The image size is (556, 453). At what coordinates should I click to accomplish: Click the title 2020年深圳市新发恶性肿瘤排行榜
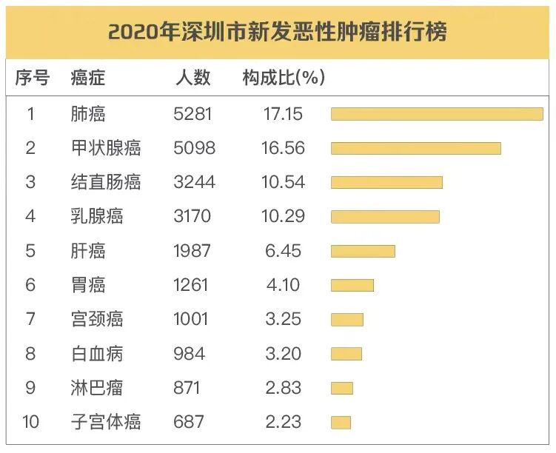tap(278, 33)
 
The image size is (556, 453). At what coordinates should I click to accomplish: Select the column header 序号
tap(32, 78)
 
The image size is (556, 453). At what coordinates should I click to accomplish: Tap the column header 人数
tap(193, 78)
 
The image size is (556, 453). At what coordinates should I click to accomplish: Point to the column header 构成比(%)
tap(284, 78)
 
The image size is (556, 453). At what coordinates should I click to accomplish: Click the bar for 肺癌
tap(437, 114)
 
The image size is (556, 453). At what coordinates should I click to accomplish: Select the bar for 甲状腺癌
tap(415, 148)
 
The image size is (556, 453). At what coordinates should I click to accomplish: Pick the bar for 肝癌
tap(363, 251)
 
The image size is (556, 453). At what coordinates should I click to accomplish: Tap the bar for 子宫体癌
tap(341, 422)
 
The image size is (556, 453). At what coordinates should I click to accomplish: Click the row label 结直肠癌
tap(106, 182)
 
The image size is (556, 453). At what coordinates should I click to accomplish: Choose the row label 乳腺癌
tap(97, 216)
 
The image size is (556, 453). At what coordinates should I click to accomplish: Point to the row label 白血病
tap(97, 353)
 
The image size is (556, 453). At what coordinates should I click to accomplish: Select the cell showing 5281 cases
tap(192, 114)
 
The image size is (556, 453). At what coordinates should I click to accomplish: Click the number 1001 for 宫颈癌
tap(191, 319)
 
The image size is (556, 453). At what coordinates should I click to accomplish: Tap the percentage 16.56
tap(283, 148)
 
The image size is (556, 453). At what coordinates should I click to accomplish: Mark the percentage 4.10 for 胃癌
tap(283, 285)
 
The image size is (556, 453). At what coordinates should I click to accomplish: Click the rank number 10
tap(30, 422)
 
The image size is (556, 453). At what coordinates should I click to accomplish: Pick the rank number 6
tap(30, 285)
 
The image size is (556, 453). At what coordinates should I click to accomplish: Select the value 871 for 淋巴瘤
tap(186, 388)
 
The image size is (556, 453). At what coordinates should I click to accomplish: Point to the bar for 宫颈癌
tap(346, 319)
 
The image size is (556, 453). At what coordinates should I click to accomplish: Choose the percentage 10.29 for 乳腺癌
tap(283, 216)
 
